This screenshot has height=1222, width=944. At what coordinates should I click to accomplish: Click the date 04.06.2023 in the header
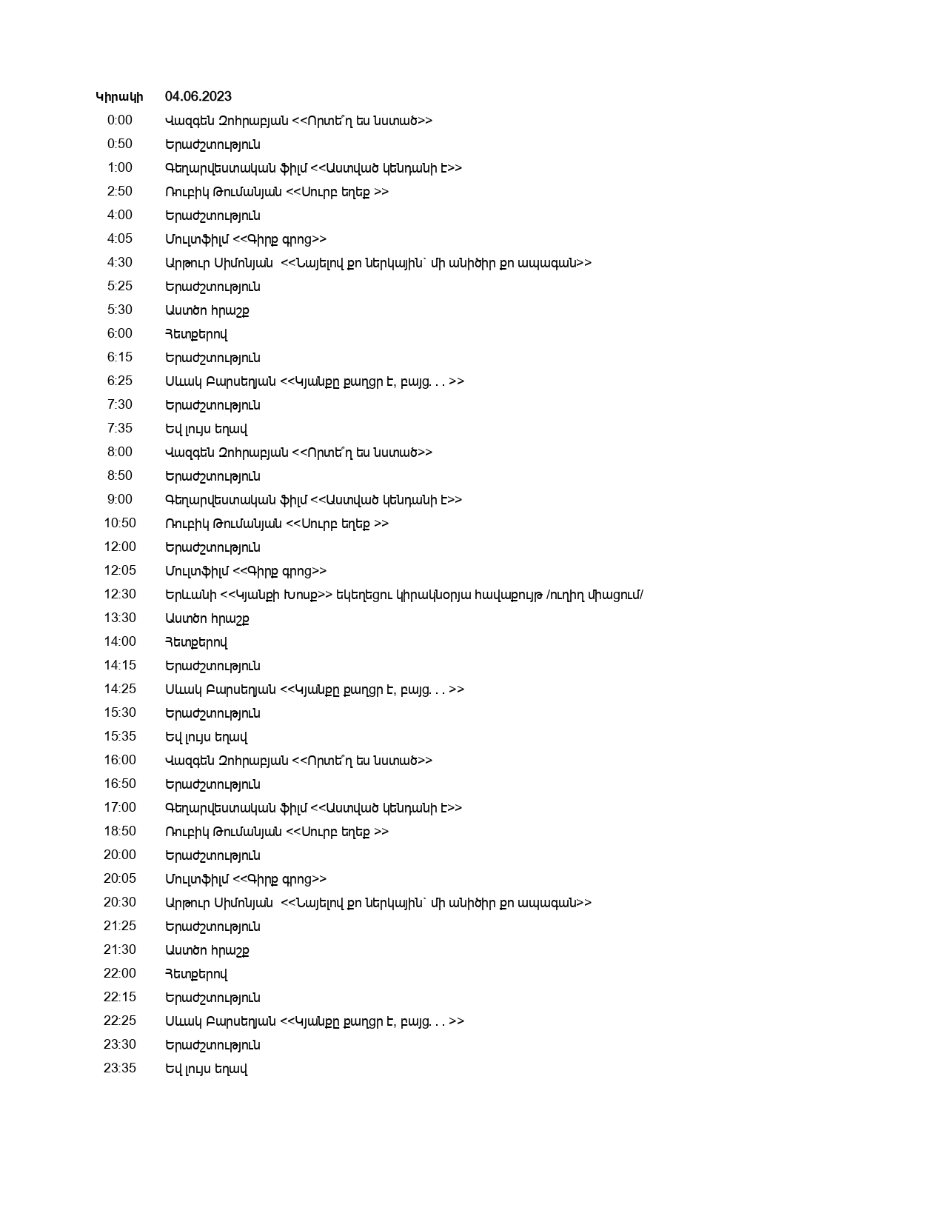pyautogui.click(x=198, y=97)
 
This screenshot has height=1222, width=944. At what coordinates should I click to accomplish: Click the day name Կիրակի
pyautogui.click(x=119, y=97)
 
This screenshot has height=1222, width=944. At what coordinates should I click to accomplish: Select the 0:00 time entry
pyautogui.click(x=120, y=121)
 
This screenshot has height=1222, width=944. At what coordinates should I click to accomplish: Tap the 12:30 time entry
pyautogui.click(x=120, y=595)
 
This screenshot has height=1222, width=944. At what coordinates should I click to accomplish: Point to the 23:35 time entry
pyautogui.click(x=120, y=1069)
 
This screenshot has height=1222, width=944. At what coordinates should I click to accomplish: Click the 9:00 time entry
pyautogui.click(x=120, y=500)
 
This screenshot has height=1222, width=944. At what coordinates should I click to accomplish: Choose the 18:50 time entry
pyautogui.click(x=120, y=832)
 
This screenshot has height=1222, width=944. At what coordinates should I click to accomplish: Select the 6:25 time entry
pyautogui.click(x=120, y=381)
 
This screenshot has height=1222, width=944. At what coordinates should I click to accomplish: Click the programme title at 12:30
pyautogui.click(x=404, y=595)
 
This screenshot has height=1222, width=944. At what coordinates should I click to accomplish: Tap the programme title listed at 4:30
pyautogui.click(x=378, y=263)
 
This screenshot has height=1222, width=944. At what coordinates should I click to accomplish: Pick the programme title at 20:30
pyautogui.click(x=378, y=903)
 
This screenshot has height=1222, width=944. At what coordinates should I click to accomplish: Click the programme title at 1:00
pyautogui.click(x=313, y=168)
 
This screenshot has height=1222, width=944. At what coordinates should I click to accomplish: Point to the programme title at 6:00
pyautogui.click(x=196, y=334)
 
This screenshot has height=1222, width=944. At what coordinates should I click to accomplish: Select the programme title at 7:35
pyautogui.click(x=207, y=429)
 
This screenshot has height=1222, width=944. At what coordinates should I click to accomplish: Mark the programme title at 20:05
pyautogui.click(x=246, y=879)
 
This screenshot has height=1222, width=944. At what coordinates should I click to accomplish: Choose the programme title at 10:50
pyautogui.click(x=277, y=524)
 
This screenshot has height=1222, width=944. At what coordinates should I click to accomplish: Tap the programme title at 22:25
pyautogui.click(x=315, y=1021)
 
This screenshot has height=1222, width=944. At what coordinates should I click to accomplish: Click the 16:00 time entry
pyautogui.click(x=120, y=761)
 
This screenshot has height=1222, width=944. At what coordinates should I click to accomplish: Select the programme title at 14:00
pyautogui.click(x=196, y=642)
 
